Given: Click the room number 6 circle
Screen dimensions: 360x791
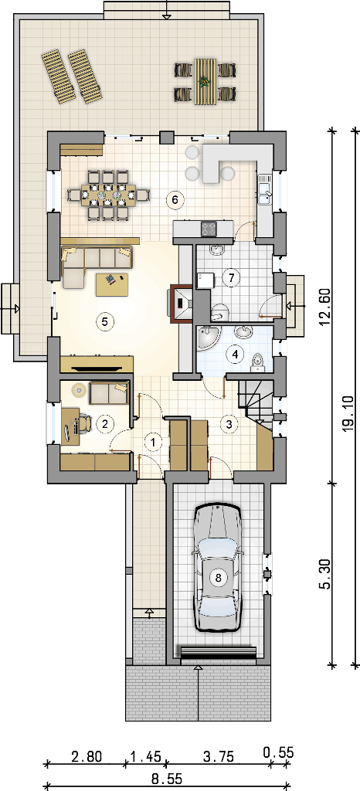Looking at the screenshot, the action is pyautogui.click(x=175, y=200).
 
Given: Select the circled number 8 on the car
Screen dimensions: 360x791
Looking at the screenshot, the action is pyautogui.click(x=219, y=578).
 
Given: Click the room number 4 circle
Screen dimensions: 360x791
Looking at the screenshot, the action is pyautogui.click(x=234, y=354).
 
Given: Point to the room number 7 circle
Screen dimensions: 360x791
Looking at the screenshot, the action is pyautogui.click(x=231, y=277).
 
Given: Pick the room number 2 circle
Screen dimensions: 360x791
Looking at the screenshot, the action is pyautogui.click(x=105, y=424).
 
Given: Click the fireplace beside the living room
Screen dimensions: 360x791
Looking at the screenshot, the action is pyautogui.click(x=182, y=303).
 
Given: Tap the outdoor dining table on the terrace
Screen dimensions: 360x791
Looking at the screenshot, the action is pyautogui.click(x=205, y=80).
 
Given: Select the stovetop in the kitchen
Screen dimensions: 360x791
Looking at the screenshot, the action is pyautogui.click(x=209, y=229).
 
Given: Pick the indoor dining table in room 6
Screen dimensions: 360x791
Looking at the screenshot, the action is pyautogui.click(x=109, y=194).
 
